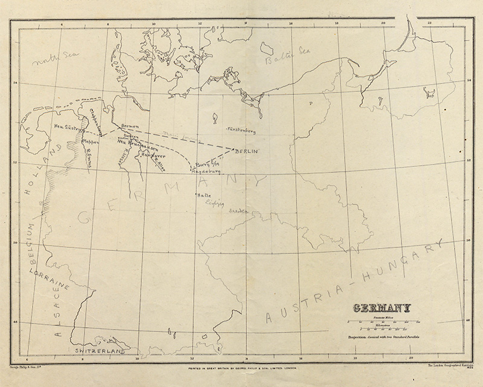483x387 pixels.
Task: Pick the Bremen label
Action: coord(130,126)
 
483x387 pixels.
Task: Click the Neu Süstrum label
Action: coord(68,128)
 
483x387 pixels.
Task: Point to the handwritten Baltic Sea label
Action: coord(280,59)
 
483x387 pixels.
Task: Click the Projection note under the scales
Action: coord(384,336)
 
